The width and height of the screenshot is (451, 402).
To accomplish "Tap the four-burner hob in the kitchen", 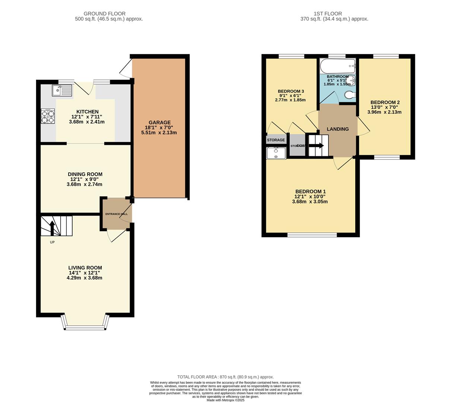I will pyautogui.click(x=48, y=115).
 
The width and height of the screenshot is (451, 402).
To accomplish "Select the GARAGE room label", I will pyautogui.click(x=159, y=122).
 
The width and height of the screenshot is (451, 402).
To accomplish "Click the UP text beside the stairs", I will pyautogui.click(x=52, y=242).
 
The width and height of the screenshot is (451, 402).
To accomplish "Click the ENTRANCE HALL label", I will pyautogui.click(x=116, y=214).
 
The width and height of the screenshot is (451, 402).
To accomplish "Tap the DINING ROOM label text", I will pyautogui.click(x=85, y=174).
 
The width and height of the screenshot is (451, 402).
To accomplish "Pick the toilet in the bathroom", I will pyautogui.click(x=350, y=96).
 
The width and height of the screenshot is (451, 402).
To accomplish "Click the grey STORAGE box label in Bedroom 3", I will pyautogui.click(x=276, y=140).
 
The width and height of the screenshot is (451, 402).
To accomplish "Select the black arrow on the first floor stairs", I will pyautogui.click(x=318, y=146).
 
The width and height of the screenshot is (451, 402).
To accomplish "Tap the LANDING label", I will pyautogui.click(x=337, y=129).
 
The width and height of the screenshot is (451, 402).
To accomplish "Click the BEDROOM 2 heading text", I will pyautogui.click(x=385, y=102).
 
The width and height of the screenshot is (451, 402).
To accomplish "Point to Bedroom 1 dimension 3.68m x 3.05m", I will pyautogui.click(x=310, y=202).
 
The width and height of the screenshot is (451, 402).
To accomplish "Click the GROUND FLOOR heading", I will pyautogui.click(x=104, y=14).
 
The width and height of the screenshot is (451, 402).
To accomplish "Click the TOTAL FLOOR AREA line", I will pyautogui.click(x=225, y=377).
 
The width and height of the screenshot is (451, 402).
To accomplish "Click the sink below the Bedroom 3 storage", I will pyautogui.click(x=276, y=153).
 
